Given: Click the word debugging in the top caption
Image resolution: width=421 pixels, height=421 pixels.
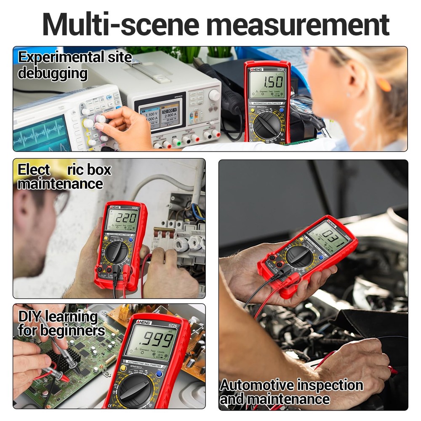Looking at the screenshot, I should click(52, 74).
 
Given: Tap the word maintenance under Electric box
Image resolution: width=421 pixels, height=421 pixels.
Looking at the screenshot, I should click(60, 184).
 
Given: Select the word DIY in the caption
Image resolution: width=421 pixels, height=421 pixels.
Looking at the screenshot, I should click(30, 317).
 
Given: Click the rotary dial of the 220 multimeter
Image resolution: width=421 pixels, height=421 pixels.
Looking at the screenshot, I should click(117, 252).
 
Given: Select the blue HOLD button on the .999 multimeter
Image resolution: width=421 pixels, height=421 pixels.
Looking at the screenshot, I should click(159, 373).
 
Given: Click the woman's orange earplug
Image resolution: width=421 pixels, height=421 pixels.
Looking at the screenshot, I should click(384, 85).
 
